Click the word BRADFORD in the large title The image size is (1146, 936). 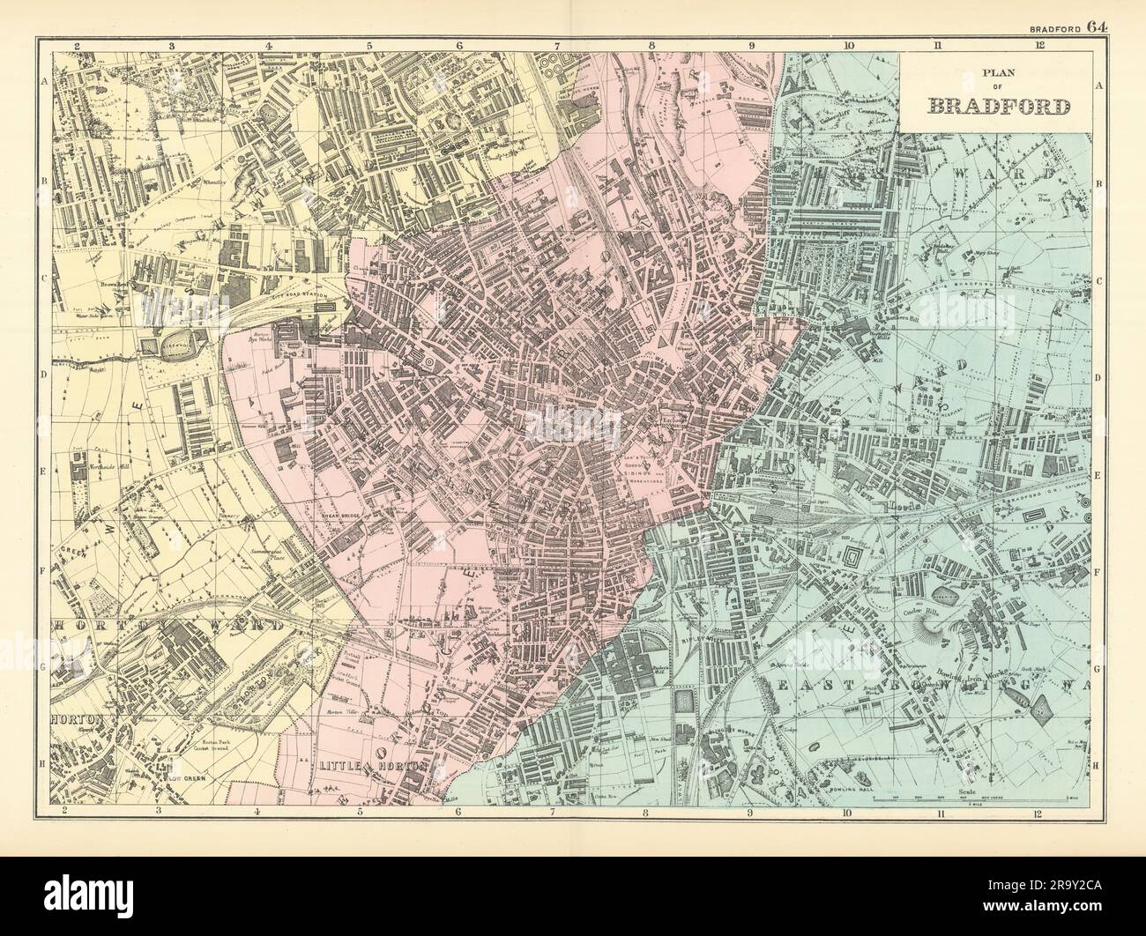[x=999, y=107]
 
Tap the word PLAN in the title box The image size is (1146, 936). [x=999, y=75]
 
